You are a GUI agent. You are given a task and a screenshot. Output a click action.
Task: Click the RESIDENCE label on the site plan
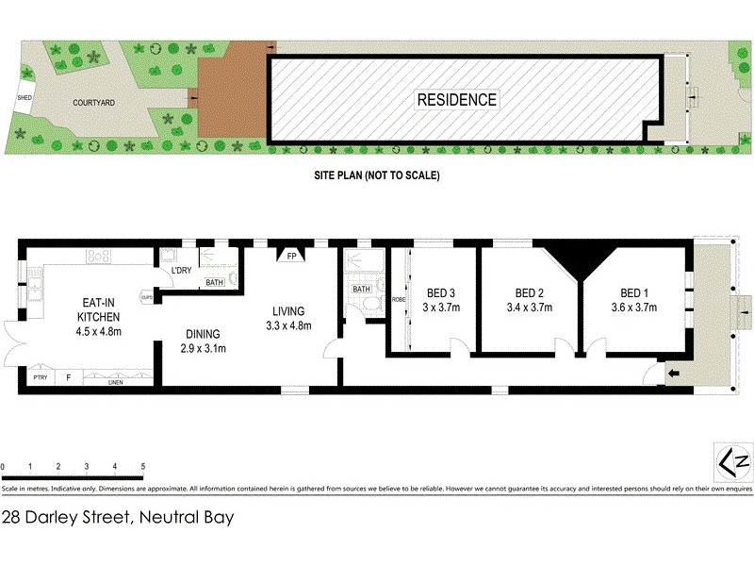[457, 99]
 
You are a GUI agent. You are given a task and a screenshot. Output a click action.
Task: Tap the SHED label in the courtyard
[25, 97]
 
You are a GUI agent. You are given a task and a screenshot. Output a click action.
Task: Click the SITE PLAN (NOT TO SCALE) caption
[377, 175]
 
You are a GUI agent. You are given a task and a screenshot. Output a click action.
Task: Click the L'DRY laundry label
[181, 273]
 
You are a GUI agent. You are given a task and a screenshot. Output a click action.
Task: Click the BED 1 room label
[633, 291]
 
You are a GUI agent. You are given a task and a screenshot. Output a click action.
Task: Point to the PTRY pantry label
[40, 379]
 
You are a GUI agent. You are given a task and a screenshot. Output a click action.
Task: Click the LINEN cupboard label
[117, 381]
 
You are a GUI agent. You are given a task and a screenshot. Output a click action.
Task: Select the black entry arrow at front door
[672, 375]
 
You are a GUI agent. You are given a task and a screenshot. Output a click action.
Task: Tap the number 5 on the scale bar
[142, 467]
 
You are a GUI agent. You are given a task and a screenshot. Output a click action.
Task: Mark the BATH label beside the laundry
[215, 282]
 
